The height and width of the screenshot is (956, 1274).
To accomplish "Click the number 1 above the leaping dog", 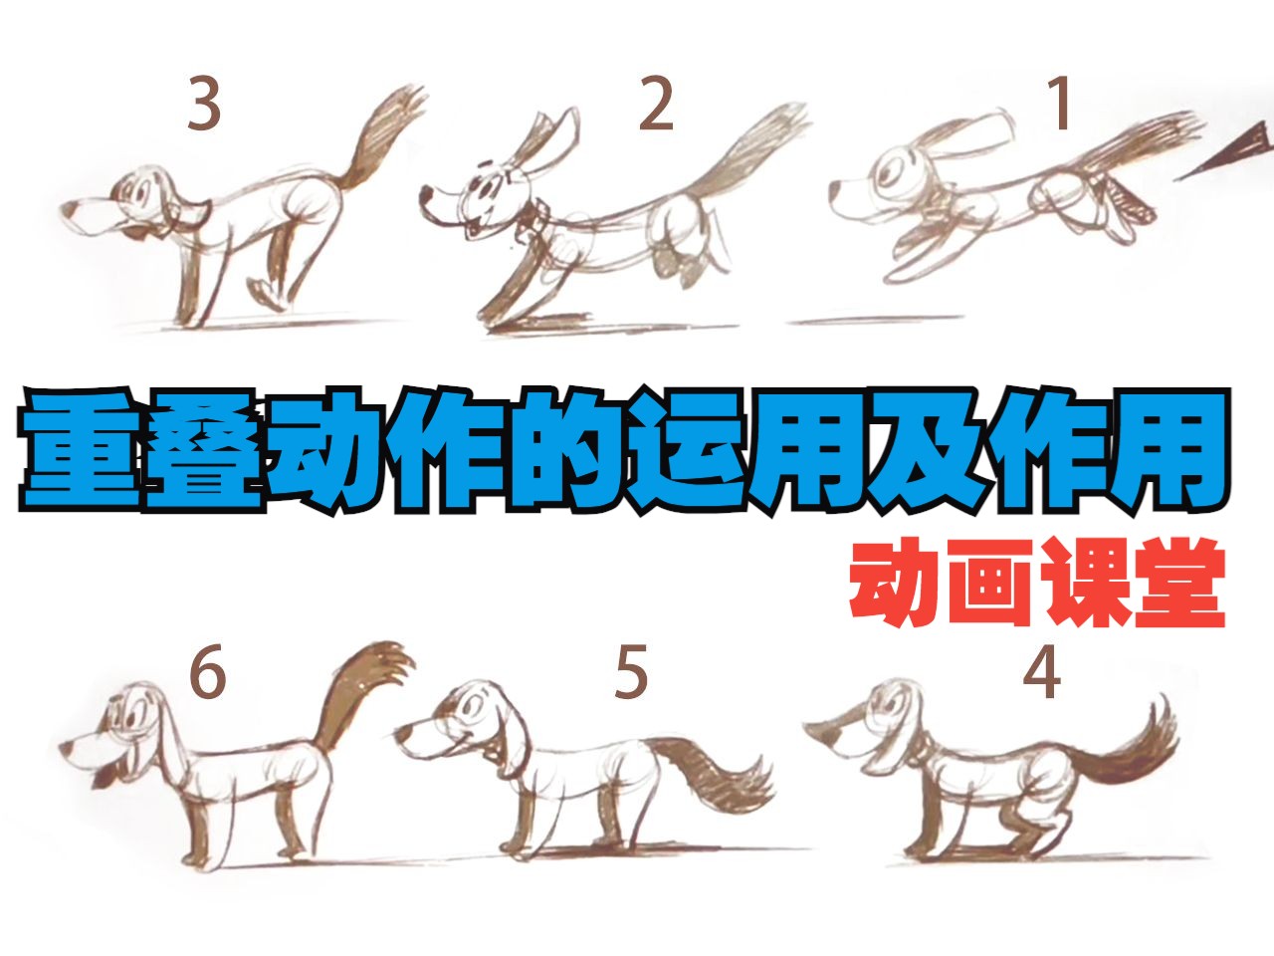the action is coord(1062,104).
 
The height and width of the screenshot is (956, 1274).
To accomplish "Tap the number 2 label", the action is coord(656,104).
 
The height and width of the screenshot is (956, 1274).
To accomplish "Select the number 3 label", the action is coord(204,104).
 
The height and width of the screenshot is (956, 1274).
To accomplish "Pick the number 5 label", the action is coord(630,673).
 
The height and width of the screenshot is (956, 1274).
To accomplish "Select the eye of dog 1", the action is coord(891,172).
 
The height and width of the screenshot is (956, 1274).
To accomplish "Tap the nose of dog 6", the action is coord(66,747).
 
